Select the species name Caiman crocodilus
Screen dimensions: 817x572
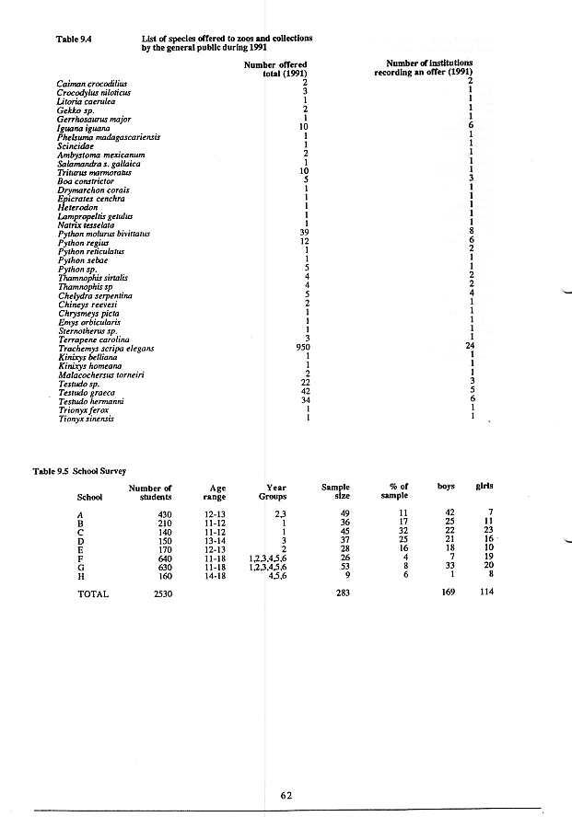coord(89,83)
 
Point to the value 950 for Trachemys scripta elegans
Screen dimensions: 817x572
coord(297,348)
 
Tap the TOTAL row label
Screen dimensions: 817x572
coord(93,594)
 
